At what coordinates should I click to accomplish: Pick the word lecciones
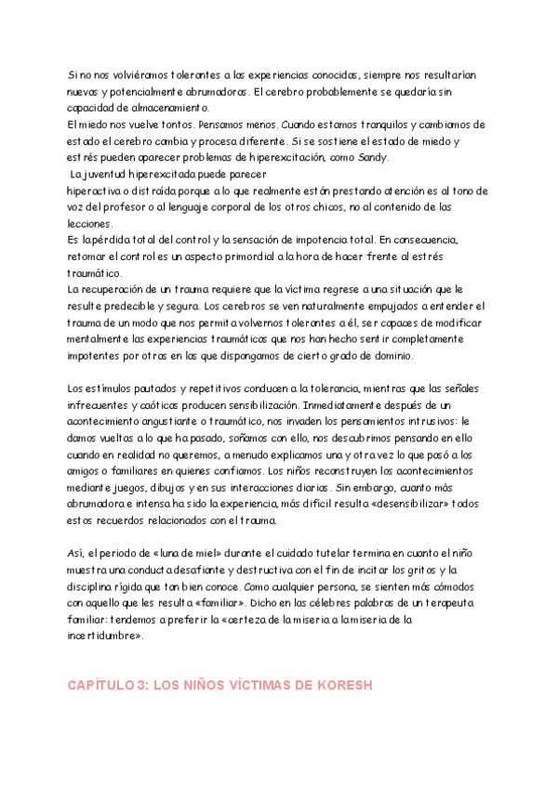tap(89, 224)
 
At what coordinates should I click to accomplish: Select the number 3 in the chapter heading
tap(141, 686)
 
